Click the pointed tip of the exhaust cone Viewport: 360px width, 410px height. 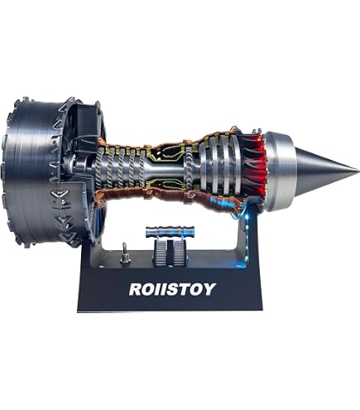pos(358,170)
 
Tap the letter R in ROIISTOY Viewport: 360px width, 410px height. pos(136,289)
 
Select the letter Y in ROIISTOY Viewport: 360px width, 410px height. pos(209,289)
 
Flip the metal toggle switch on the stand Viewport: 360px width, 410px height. pos(125,254)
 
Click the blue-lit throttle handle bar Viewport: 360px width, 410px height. pos(170,231)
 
